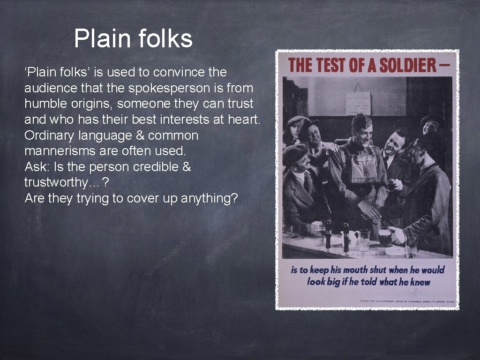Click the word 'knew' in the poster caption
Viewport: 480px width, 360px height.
tap(420, 282)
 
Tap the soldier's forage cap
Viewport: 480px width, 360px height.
tap(361, 120)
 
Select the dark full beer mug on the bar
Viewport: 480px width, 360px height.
tap(385, 237)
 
